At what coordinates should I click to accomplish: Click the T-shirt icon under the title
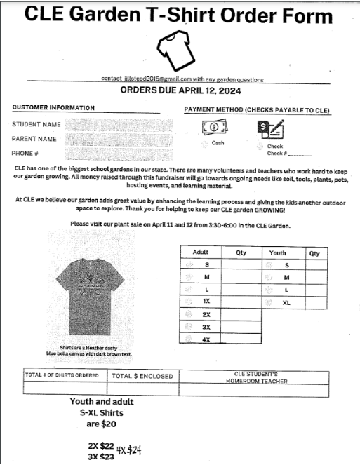[173, 48]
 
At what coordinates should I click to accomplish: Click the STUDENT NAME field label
[36, 124]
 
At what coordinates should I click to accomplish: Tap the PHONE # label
[25, 152]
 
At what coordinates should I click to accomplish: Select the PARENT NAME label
[34, 138]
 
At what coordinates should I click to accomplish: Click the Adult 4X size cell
[206, 339]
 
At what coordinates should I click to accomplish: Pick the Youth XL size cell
[286, 302]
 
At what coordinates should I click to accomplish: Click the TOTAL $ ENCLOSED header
[142, 377]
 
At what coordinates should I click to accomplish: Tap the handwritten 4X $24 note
[128, 450]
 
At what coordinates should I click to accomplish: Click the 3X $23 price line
[101, 457]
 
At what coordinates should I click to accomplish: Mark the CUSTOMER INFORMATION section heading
[53, 108]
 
